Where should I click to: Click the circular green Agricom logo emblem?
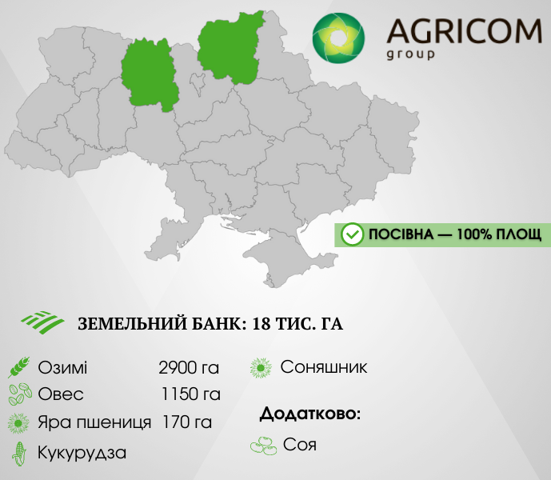[x=338, y=38]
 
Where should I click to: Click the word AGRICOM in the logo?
[x=464, y=31]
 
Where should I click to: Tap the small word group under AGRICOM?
[x=410, y=55]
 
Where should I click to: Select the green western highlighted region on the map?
[x=150, y=74]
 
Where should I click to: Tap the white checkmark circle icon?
[x=352, y=234]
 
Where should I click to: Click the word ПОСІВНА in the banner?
[x=401, y=234]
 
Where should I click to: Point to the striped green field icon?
[x=42, y=322]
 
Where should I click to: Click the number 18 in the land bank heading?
[x=262, y=323]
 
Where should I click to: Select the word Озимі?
[x=62, y=368]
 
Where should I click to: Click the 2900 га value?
[x=189, y=368]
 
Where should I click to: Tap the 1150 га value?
[x=191, y=394]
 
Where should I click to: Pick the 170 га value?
[x=187, y=422]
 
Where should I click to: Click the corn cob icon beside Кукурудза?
[x=19, y=454]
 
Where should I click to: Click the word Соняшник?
[x=324, y=367]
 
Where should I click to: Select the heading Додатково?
[x=310, y=414]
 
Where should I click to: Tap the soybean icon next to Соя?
[x=264, y=445]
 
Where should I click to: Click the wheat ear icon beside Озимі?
[x=19, y=367]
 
